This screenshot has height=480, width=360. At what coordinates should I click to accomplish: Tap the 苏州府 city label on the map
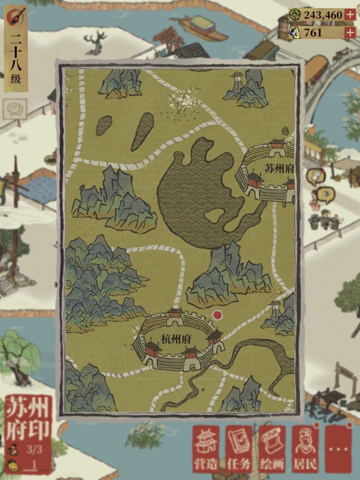point(278,168)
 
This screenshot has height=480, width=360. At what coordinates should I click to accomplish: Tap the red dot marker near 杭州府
point(218,315)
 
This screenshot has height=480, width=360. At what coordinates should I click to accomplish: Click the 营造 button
point(206,449)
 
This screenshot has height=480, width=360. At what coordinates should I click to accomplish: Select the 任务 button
point(239,449)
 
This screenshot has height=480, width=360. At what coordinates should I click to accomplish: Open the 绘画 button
point(272,449)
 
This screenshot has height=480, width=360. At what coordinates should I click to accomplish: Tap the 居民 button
point(305,449)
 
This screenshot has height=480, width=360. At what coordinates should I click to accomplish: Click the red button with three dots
point(338,449)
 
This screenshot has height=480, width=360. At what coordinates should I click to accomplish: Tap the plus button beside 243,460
point(350,15)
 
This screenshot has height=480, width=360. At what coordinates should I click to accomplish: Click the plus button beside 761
point(350,33)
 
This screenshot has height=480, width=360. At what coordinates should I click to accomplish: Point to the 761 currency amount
point(313,33)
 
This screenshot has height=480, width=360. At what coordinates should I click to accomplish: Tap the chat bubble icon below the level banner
point(14,107)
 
